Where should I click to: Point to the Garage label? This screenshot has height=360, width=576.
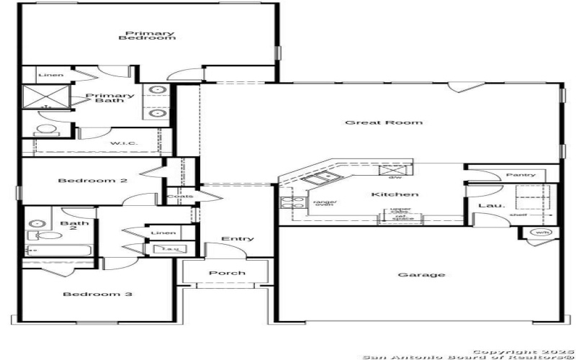(x=421, y=274)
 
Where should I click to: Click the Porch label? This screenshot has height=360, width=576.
(x=228, y=273)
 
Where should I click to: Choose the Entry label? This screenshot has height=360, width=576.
(x=237, y=239)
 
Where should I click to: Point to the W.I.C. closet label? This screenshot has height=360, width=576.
(x=124, y=143)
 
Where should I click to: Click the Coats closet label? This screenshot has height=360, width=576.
(x=180, y=197)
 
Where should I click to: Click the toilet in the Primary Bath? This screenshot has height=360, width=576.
(x=46, y=130)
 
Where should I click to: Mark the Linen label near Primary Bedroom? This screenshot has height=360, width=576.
(x=51, y=74)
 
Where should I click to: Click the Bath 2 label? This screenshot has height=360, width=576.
(x=74, y=226)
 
